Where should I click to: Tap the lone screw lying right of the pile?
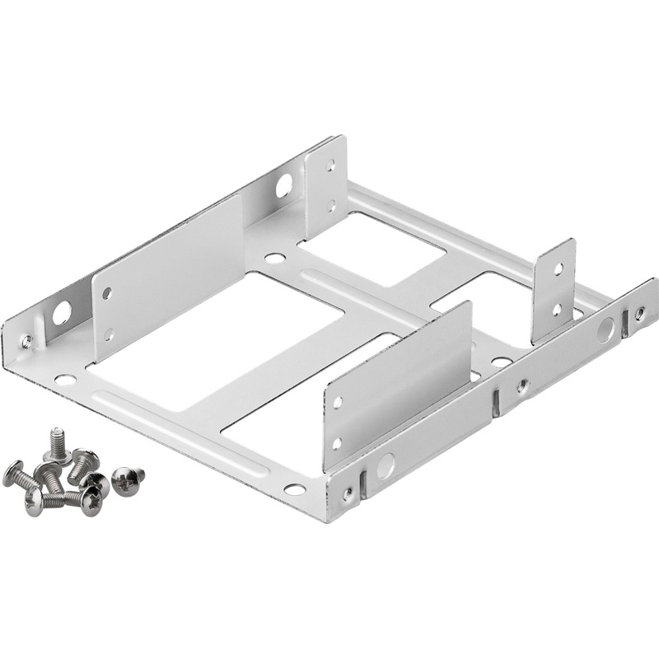(127, 479)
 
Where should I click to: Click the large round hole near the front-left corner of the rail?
(62, 313)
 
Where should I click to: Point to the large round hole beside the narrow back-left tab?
(283, 185)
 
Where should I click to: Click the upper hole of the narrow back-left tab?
(331, 166)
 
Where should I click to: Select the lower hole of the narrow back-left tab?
(331, 205)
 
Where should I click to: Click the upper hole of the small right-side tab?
(558, 269)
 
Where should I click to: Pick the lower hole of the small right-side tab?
(557, 310)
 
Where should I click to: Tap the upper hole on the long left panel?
(107, 292)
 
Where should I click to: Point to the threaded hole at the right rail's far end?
(639, 313)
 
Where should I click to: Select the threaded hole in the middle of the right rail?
(522, 384)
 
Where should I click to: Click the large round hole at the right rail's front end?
(385, 467)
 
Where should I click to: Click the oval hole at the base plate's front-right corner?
(294, 489)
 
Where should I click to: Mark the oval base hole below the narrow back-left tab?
(275, 258)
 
